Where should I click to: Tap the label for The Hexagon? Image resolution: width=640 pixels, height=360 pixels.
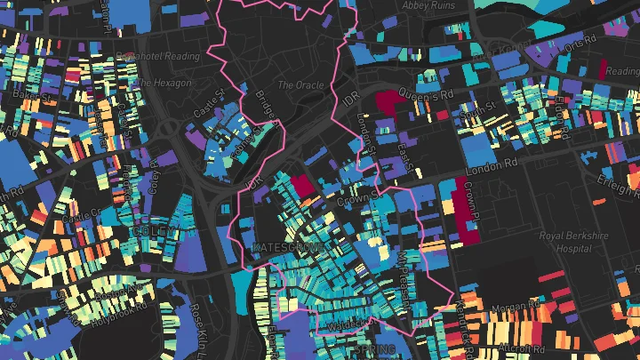pos(164,83)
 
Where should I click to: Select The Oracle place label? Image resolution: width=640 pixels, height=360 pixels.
pos(296,85)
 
